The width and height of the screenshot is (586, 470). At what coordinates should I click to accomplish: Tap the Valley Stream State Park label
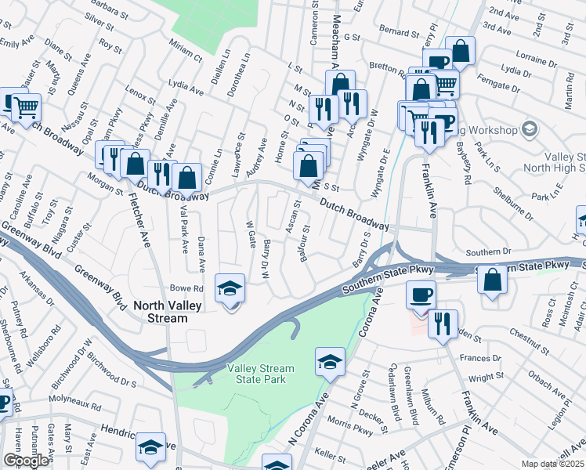(x=261, y=374)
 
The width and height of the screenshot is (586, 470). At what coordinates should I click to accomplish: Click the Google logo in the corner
(x=26, y=461)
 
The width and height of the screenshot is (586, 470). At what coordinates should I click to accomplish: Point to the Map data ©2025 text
(x=552, y=464)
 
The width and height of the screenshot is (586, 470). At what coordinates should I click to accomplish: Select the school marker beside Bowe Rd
(x=230, y=289)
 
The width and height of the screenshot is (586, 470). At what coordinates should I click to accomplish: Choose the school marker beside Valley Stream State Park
(x=330, y=361)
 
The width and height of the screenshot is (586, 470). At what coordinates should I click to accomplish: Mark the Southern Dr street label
(x=488, y=252)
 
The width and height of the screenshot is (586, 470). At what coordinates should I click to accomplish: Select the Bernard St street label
(x=399, y=33)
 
